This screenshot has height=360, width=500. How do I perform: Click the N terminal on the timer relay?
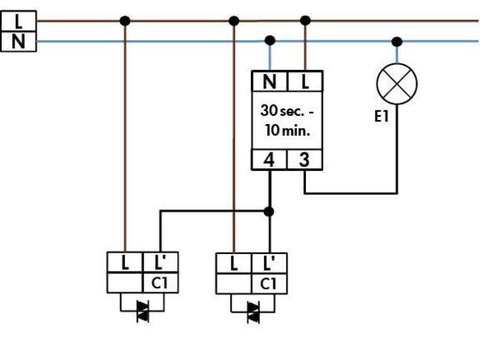click(269, 82)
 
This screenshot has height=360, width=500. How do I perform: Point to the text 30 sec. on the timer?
click(283, 111)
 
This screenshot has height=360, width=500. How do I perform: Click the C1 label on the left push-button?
click(161, 283)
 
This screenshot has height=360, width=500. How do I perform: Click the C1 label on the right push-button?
click(269, 283)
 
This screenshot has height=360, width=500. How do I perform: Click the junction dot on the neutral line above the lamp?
click(397, 40)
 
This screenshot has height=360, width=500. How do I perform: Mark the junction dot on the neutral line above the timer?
click(269, 40)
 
